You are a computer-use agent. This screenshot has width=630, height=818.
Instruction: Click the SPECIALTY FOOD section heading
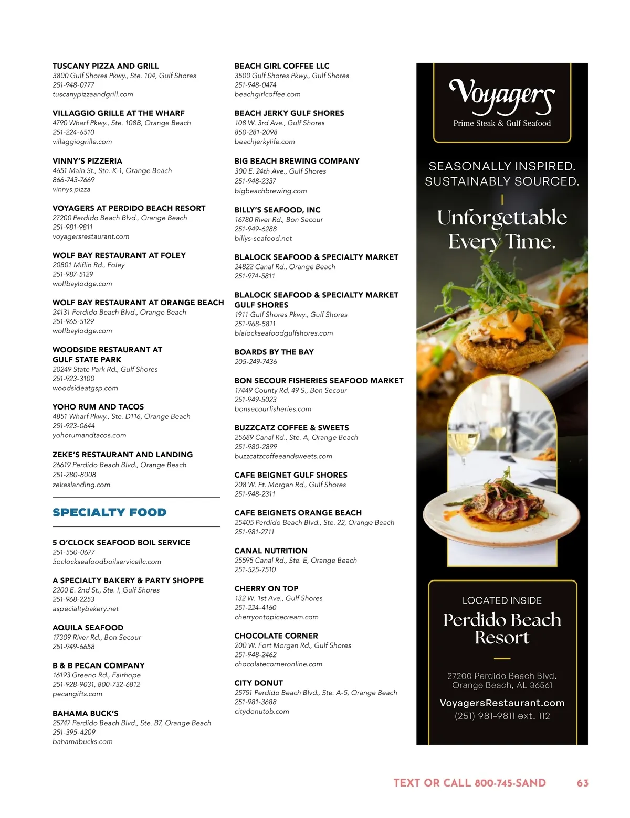point(109,512)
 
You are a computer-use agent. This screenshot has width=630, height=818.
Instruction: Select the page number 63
point(582,783)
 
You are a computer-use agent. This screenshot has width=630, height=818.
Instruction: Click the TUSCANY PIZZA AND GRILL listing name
point(106,66)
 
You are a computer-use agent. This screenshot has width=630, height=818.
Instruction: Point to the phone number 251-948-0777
point(73,85)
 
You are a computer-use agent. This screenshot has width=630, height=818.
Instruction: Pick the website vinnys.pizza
point(71,189)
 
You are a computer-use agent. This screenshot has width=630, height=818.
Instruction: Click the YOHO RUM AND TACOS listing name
point(98,407)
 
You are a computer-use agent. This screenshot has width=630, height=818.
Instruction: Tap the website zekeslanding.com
point(81,485)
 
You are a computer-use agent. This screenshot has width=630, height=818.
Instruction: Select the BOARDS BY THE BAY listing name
point(274,352)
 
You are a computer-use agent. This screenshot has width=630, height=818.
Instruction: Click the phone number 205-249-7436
point(256,362)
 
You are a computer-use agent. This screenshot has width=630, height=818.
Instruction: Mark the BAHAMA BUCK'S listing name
point(86,713)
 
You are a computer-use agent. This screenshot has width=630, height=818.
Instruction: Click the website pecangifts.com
point(77,694)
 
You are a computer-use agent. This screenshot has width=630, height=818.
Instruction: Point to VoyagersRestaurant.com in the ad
point(502,703)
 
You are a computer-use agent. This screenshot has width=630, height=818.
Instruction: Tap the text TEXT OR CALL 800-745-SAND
point(470,783)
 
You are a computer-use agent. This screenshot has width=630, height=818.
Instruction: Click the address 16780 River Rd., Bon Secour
point(279,220)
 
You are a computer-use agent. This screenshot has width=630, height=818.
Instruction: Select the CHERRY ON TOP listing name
point(266,588)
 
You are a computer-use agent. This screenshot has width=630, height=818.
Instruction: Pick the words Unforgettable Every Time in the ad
point(502,230)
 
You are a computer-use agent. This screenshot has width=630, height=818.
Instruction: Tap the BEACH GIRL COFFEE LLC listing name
point(282,66)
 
